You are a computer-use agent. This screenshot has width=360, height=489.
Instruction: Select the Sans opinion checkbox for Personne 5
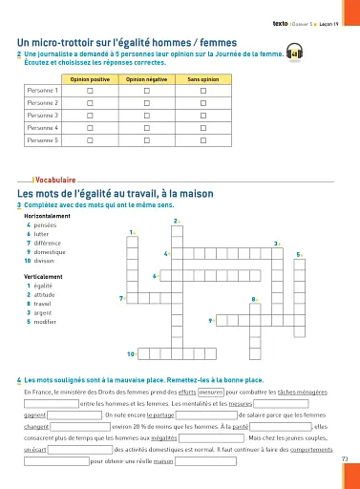click(x=203, y=139)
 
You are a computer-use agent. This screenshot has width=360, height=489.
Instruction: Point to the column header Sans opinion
click(x=203, y=77)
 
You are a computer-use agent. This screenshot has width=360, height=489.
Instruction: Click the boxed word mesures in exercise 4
click(x=211, y=392)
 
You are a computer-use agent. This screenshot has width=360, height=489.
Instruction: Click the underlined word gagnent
click(x=34, y=415)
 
